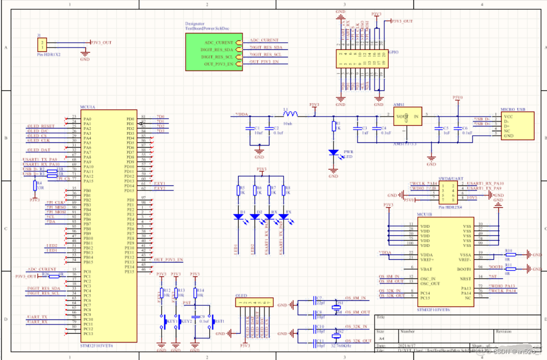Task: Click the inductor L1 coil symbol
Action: tap(290, 115)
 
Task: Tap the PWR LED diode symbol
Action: tap(333, 153)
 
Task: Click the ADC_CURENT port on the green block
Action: tap(219, 42)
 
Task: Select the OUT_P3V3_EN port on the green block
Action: tap(219, 64)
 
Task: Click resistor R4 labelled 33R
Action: tap(34, 186)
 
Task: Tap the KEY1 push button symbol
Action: tap(163, 322)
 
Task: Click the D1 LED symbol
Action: tap(238, 217)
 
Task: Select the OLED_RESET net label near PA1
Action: tap(41, 126)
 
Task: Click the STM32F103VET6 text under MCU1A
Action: tap(96, 346)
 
